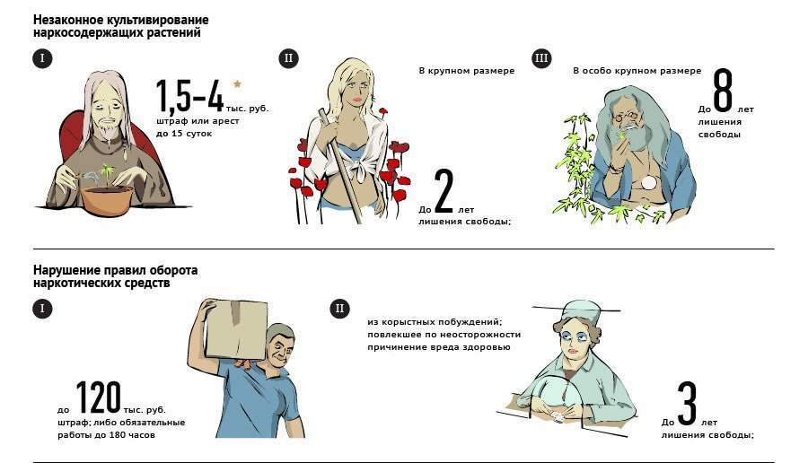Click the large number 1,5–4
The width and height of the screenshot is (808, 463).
pos(190,96)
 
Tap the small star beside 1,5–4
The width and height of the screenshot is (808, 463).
pos(237,83)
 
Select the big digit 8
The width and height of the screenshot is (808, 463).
pos(723,91)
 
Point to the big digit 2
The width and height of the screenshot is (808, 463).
pos(444,192)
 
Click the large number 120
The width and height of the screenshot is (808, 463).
pos(99,397)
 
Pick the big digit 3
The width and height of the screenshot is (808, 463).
pos(687,404)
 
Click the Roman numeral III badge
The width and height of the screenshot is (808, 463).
pos(541,58)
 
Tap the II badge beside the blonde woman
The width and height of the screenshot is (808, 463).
pos(288,58)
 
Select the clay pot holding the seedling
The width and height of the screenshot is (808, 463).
pos(107,200)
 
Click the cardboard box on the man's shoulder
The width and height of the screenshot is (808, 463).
pos(236,329)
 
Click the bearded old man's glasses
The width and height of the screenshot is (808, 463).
pos(626,117)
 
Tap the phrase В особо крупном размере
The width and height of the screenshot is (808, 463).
pos(637,71)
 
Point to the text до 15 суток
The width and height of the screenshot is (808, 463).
pos(184,134)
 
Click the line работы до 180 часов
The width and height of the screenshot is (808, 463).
pos(106,435)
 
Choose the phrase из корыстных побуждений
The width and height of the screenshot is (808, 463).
pos(435,322)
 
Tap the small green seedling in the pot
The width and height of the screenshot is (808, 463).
pos(108,174)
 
